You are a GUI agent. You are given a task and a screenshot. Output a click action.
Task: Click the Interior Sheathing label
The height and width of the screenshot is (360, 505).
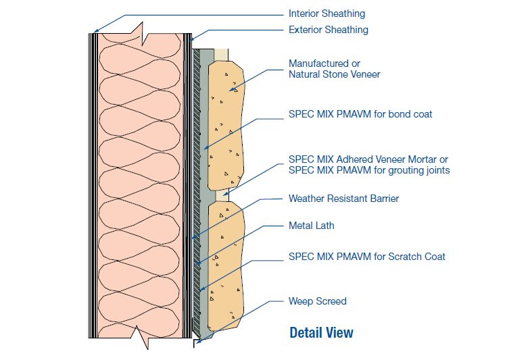pos(327,14)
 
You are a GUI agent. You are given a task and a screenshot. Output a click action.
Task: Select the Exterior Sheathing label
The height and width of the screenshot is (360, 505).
pos(328,30)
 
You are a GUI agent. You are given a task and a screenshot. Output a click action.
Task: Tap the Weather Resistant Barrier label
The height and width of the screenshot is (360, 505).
pos(343,199)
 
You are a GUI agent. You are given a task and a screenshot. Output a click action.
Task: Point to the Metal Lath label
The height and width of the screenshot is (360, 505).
pos(311,226)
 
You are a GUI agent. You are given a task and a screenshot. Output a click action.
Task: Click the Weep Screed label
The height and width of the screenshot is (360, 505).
pos(317,301)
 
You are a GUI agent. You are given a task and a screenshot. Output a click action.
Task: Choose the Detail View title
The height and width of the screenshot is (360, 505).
pos(321,332)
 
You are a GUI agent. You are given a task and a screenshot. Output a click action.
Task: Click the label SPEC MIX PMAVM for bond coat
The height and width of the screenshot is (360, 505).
pos(360,114)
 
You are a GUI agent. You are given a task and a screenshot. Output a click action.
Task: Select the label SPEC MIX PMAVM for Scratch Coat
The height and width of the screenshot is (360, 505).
pos(366,257)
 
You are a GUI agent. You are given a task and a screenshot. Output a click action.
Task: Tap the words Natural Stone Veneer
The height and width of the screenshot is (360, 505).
pos(334,74)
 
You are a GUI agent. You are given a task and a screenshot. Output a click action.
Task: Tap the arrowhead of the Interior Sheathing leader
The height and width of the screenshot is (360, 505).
pos(95,32)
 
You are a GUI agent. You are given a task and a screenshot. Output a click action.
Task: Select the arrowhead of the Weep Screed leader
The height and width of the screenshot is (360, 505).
pos(197,342)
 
